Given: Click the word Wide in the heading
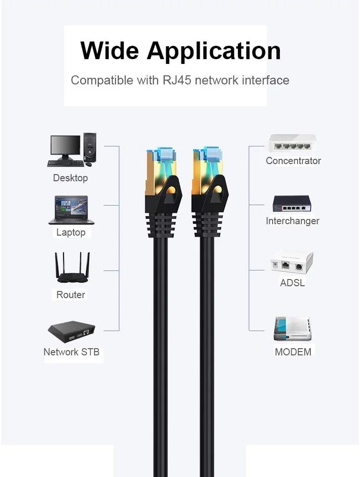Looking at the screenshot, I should pyautogui.click(x=110, y=51).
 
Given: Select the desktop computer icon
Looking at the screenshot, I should pyautogui.click(x=72, y=150).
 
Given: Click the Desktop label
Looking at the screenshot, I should pyautogui.click(x=70, y=178).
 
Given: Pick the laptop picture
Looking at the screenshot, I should pyautogui.click(x=71, y=210).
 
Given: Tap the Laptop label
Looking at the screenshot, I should pyautogui.click(x=71, y=233).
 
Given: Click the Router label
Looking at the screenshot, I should pyautogui.click(x=71, y=295).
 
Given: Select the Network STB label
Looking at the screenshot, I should pyautogui.click(x=72, y=352).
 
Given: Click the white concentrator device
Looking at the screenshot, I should pyautogui.click(x=292, y=143).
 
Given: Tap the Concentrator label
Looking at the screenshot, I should pyautogui.click(x=293, y=161).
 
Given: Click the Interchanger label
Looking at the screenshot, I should pyautogui.click(x=292, y=221).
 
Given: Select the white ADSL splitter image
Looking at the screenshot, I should pyautogui.click(x=292, y=262).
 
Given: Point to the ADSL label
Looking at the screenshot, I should pyautogui.click(x=292, y=282).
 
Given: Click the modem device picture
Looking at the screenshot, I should pyautogui.click(x=292, y=329).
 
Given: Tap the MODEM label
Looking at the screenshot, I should pyautogui.click(x=293, y=352).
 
